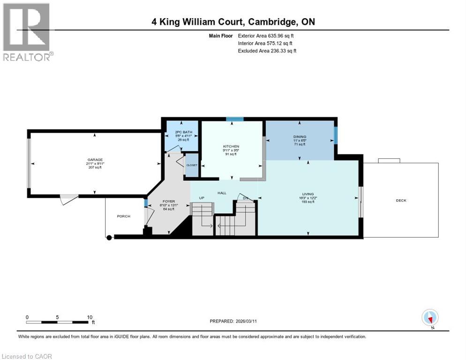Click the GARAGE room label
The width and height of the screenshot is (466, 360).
(94, 159)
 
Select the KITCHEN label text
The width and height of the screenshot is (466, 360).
(231, 146)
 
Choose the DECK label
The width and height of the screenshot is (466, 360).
(401, 200)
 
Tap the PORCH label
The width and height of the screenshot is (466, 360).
(123, 216)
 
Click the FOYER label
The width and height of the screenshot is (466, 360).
(168, 201)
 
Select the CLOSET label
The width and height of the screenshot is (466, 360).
(192, 165)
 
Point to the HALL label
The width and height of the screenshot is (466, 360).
(222, 193)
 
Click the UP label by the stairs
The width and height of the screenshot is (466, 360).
(203, 198)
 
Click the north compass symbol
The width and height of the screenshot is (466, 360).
(430, 317)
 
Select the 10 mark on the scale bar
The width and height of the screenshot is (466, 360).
(90, 317)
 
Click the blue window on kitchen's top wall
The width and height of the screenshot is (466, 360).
(231, 119)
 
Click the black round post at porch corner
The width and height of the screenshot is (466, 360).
(109, 238)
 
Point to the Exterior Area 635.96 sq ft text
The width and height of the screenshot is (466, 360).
(266, 36)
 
